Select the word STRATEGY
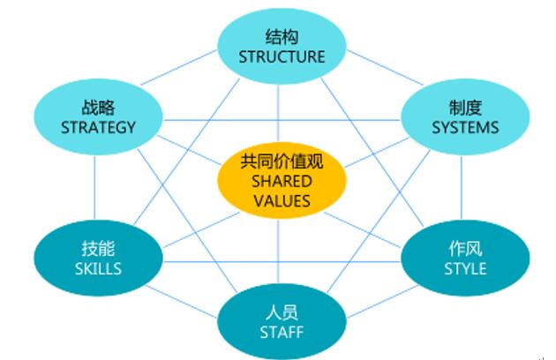tap(99, 126)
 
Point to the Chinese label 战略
tap(98, 108)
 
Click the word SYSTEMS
tap(465, 127)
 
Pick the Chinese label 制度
tap(465, 108)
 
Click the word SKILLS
tap(99, 267)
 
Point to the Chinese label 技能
tap(99, 249)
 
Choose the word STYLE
tap(465, 267)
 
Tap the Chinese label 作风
tap(465, 248)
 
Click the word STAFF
tap(282, 333)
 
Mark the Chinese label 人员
tap(282, 313)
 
